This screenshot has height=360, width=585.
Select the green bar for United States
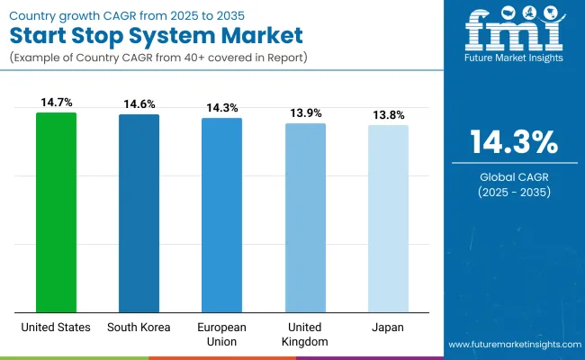[x=56, y=211]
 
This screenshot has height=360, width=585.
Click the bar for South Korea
[x=139, y=212]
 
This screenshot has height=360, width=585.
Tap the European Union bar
[x=221, y=214]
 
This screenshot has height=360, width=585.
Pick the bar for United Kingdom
[x=305, y=217]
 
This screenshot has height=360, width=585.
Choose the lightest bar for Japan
[x=388, y=218]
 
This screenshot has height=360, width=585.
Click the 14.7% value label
[x=56, y=103]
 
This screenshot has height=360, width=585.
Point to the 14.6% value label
[x=139, y=105]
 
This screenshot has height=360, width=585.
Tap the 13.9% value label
[x=305, y=114]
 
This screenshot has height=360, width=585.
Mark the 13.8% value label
[x=388, y=116]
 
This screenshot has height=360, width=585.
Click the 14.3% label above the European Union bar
[x=221, y=109]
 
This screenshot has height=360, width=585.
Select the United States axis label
[x=56, y=327]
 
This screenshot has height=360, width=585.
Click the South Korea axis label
[x=139, y=327]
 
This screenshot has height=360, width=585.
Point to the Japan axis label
[x=388, y=327]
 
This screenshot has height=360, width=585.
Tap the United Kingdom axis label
[x=305, y=334]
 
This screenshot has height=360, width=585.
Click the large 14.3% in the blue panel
[x=514, y=142]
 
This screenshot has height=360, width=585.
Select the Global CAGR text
[x=514, y=178]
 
